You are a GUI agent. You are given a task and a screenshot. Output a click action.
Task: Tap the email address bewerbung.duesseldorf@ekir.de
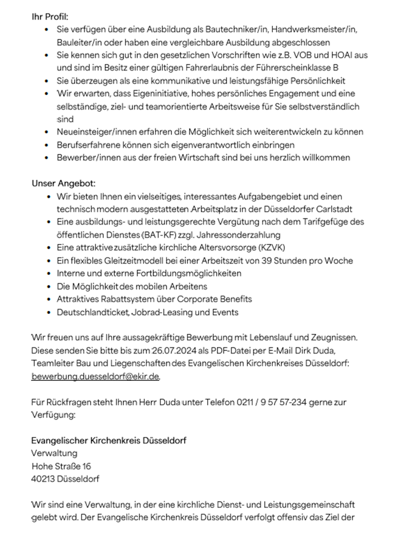95,376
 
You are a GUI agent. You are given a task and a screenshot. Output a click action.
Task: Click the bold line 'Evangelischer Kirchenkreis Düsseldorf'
109,440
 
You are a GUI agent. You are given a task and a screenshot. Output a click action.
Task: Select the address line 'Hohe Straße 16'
61,466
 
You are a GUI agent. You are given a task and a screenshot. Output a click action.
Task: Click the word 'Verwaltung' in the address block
54,453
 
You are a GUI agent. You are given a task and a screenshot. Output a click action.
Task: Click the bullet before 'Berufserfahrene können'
48,145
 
